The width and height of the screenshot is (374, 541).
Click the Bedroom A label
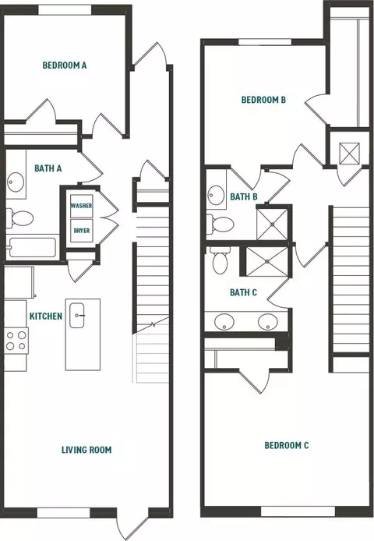coord(65,65)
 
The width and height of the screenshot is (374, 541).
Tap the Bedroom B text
coord(263,100)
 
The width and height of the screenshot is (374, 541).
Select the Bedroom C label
coord(287,445)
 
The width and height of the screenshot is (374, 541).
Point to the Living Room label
coord(86,450)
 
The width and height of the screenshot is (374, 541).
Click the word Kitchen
coord(46,316)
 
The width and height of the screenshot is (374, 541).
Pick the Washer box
coord(82,206)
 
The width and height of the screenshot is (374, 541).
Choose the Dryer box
coord(82,231)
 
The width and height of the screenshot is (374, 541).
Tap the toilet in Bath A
coord(19,218)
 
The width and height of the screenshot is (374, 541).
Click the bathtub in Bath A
coord(32,247)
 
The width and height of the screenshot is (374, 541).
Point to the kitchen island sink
coord(76,316)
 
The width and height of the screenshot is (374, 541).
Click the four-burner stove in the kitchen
coord(16,340)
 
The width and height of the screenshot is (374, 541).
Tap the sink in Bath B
coord(217,195)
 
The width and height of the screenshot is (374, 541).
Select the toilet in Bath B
coord(221,225)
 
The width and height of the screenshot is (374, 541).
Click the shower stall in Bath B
coord(272,224)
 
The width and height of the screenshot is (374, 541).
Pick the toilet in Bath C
coord(220,261)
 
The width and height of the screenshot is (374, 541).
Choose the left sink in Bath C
coord(224,322)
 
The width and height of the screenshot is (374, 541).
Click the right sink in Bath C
coord(268,322)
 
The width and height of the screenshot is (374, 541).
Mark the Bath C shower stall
coord(266,262)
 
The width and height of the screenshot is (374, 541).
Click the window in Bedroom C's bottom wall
coord(298,511)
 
